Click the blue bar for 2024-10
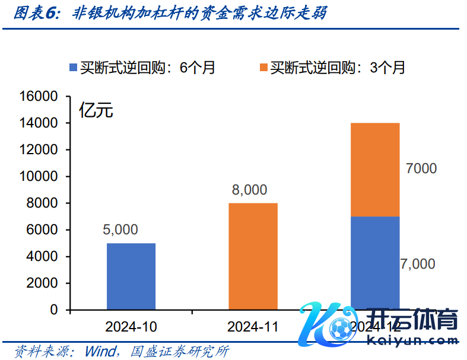pyautogui.click(x=131, y=276)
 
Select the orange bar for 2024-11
pyautogui.click(x=253, y=256)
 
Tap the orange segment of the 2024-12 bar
pyautogui.click(x=375, y=170)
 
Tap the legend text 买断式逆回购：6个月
pyautogui.click(x=148, y=68)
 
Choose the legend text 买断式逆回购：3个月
pyautogui.click(x=338, y=68)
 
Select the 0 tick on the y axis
pyautogui.click(x=54, y=310)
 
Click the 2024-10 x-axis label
pyautogui.click(x=131, y=327)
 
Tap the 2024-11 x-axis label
pyautogui.click(x=253, y=327)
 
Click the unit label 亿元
pyautogui.click(x=96, y=110)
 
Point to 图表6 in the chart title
pyautogui.click(x=34, y=14)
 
